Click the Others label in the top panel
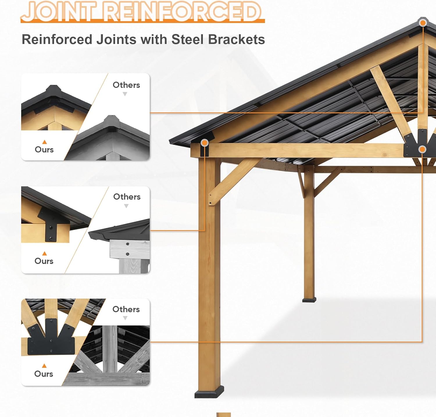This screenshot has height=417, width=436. click(126, 85)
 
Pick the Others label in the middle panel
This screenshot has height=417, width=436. click(127, 197)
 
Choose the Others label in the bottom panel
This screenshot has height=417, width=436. click(126, 309)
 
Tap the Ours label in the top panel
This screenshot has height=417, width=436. click(44, 149)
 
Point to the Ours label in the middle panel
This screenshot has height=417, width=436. click(44, 261)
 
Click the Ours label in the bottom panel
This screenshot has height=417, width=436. click(44, 374)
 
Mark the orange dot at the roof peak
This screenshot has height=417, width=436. click(423, 23)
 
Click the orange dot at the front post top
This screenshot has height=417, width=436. click(205, 143)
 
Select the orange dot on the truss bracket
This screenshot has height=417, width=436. click(422, 149)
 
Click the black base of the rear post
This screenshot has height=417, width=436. click(309, 300)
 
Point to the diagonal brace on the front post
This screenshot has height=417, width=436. click(233, 180)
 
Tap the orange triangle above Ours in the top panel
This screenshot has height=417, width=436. click(44, 142)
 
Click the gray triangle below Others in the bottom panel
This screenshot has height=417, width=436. click(125, 318)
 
